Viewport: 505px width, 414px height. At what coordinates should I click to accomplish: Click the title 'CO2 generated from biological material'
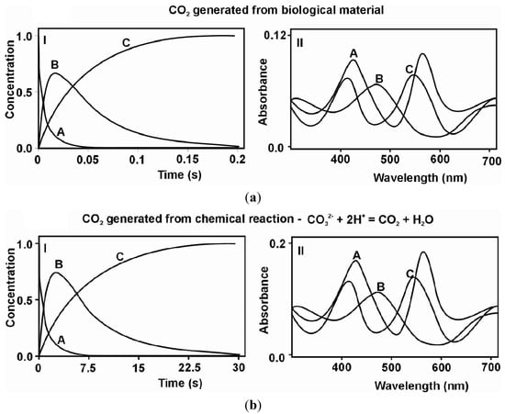(x=252, y=11)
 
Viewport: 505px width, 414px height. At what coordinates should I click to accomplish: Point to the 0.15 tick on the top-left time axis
(x=187, y=160)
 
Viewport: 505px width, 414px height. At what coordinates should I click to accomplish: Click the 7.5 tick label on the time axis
(x=87, y=368)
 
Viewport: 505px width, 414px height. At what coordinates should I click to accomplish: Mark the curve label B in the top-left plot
(x=54, y=65)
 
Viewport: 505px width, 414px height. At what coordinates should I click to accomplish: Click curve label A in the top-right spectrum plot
(x=353, y=54)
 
